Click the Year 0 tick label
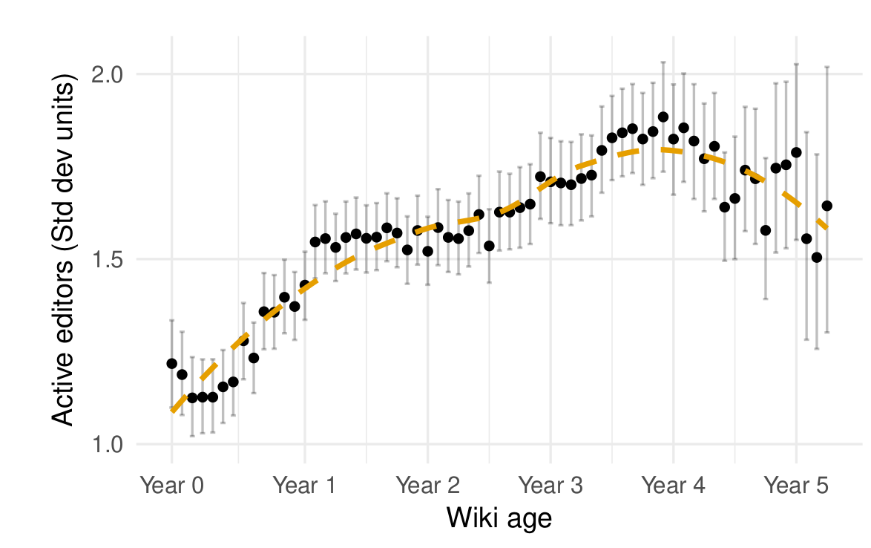172,486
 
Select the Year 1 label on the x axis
304,486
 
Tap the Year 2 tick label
427,486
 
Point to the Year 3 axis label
550,486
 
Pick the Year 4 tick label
673,486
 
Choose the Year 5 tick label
796,486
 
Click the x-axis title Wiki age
499,518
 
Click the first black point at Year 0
172,364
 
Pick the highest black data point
663,117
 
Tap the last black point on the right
827,206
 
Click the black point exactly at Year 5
797,152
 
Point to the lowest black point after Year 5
817,258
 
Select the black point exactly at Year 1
304,285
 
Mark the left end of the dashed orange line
172,411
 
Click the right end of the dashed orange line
827,227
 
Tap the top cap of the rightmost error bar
827,67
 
